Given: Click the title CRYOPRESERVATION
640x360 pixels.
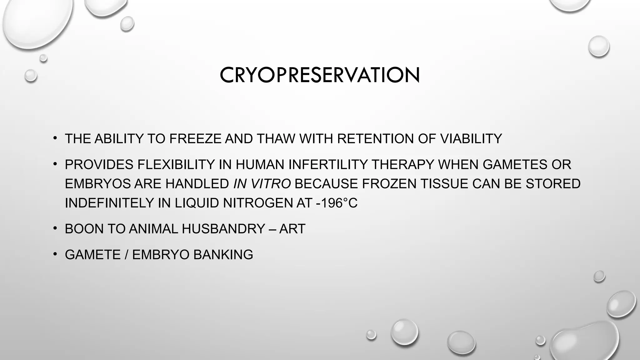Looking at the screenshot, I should coord(319,75).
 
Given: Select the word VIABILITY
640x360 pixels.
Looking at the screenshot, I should coord(471,139).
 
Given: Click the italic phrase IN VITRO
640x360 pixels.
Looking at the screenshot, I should coord(262,184).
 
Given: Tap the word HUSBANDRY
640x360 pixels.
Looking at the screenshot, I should coord(223,229).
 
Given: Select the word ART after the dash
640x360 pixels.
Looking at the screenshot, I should coord(292,229).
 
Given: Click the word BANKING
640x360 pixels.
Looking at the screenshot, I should coord(223,255).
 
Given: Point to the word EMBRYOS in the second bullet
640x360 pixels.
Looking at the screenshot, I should coord(98,184).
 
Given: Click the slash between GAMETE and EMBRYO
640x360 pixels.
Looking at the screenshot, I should coord(126,255).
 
